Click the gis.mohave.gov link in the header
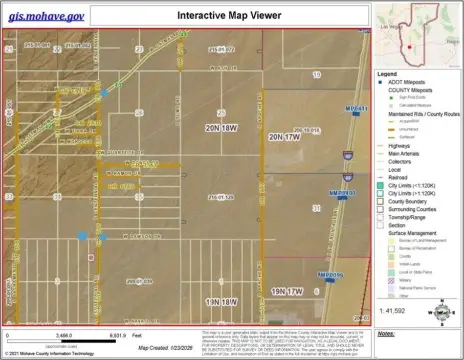click(47, 17)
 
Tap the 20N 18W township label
click(221, 129)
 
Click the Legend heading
click(387, 74)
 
